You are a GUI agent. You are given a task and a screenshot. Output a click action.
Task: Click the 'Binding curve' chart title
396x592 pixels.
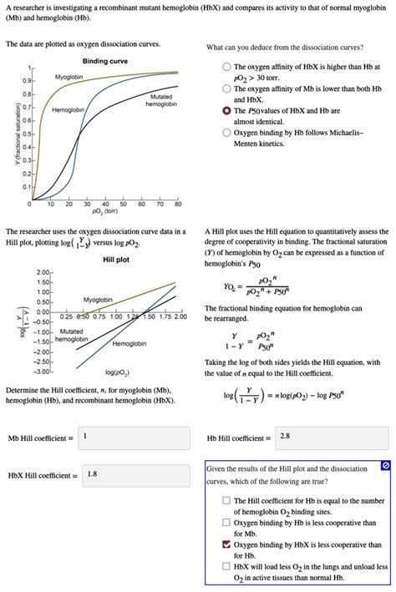click(x=105, y=62)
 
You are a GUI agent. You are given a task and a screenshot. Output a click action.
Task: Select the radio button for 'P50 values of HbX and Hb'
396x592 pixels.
click(x=227, y=110)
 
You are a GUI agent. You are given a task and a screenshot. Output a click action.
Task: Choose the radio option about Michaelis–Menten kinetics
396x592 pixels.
click(x=227, y=132)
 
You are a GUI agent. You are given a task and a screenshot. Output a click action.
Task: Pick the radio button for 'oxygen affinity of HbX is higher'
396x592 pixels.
click(x=227, y=67)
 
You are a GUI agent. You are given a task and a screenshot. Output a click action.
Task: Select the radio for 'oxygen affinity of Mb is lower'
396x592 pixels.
click(x=227, y=89)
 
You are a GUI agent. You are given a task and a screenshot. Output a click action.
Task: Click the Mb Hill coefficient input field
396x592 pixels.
click(x=134, y=437)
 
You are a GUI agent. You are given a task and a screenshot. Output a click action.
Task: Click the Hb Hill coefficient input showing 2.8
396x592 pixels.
click(x=331, y=437)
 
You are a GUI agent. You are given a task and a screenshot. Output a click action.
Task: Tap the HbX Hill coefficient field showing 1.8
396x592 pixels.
click(x=134, y=474)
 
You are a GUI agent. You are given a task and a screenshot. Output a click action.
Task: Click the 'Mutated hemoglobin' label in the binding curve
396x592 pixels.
click(x=162, y=100)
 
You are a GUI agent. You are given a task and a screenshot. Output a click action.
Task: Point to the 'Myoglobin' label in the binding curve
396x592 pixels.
click(x=69, y=77)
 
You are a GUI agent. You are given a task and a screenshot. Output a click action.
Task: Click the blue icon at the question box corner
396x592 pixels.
click(x=384, y=464)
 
